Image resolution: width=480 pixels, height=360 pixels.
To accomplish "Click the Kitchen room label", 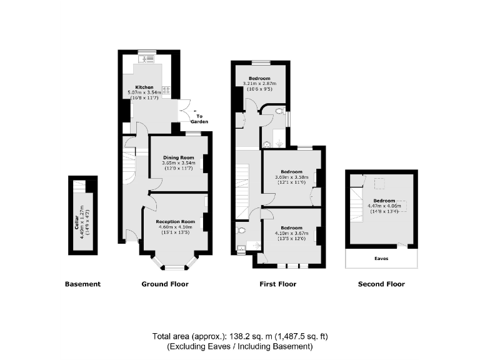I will [145, 87].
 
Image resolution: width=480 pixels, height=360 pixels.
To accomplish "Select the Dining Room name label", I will [177, 157].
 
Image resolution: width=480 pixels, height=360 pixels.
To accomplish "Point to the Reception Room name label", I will [176, 222].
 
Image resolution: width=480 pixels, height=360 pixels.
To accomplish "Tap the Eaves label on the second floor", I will [381, 257].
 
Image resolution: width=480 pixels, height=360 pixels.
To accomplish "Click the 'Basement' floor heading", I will [82, 284].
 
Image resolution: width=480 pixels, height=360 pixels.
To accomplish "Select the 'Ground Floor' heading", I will [165, 284].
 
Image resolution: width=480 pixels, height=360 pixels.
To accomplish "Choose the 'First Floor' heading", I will [277, 284].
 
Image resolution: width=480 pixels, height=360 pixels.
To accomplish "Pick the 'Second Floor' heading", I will [381, 284].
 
